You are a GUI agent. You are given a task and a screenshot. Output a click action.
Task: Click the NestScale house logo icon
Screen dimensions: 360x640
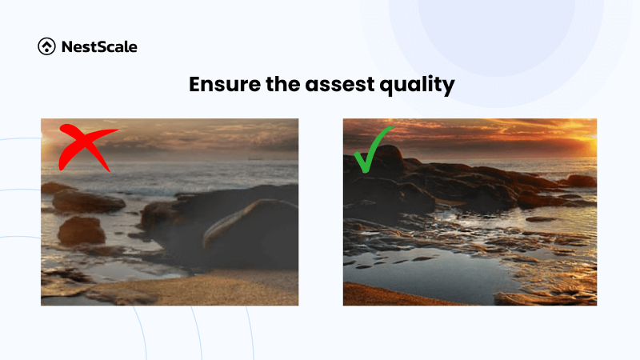(47, 47)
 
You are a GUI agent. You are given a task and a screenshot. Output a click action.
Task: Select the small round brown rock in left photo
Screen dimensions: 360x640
(81, 231)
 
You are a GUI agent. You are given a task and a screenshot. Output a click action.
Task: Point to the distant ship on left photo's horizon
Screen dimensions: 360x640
(254, 158)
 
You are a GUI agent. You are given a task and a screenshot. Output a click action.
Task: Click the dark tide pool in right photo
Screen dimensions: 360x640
(432, 272)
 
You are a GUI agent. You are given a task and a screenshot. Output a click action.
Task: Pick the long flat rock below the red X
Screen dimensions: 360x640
(88, 201)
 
